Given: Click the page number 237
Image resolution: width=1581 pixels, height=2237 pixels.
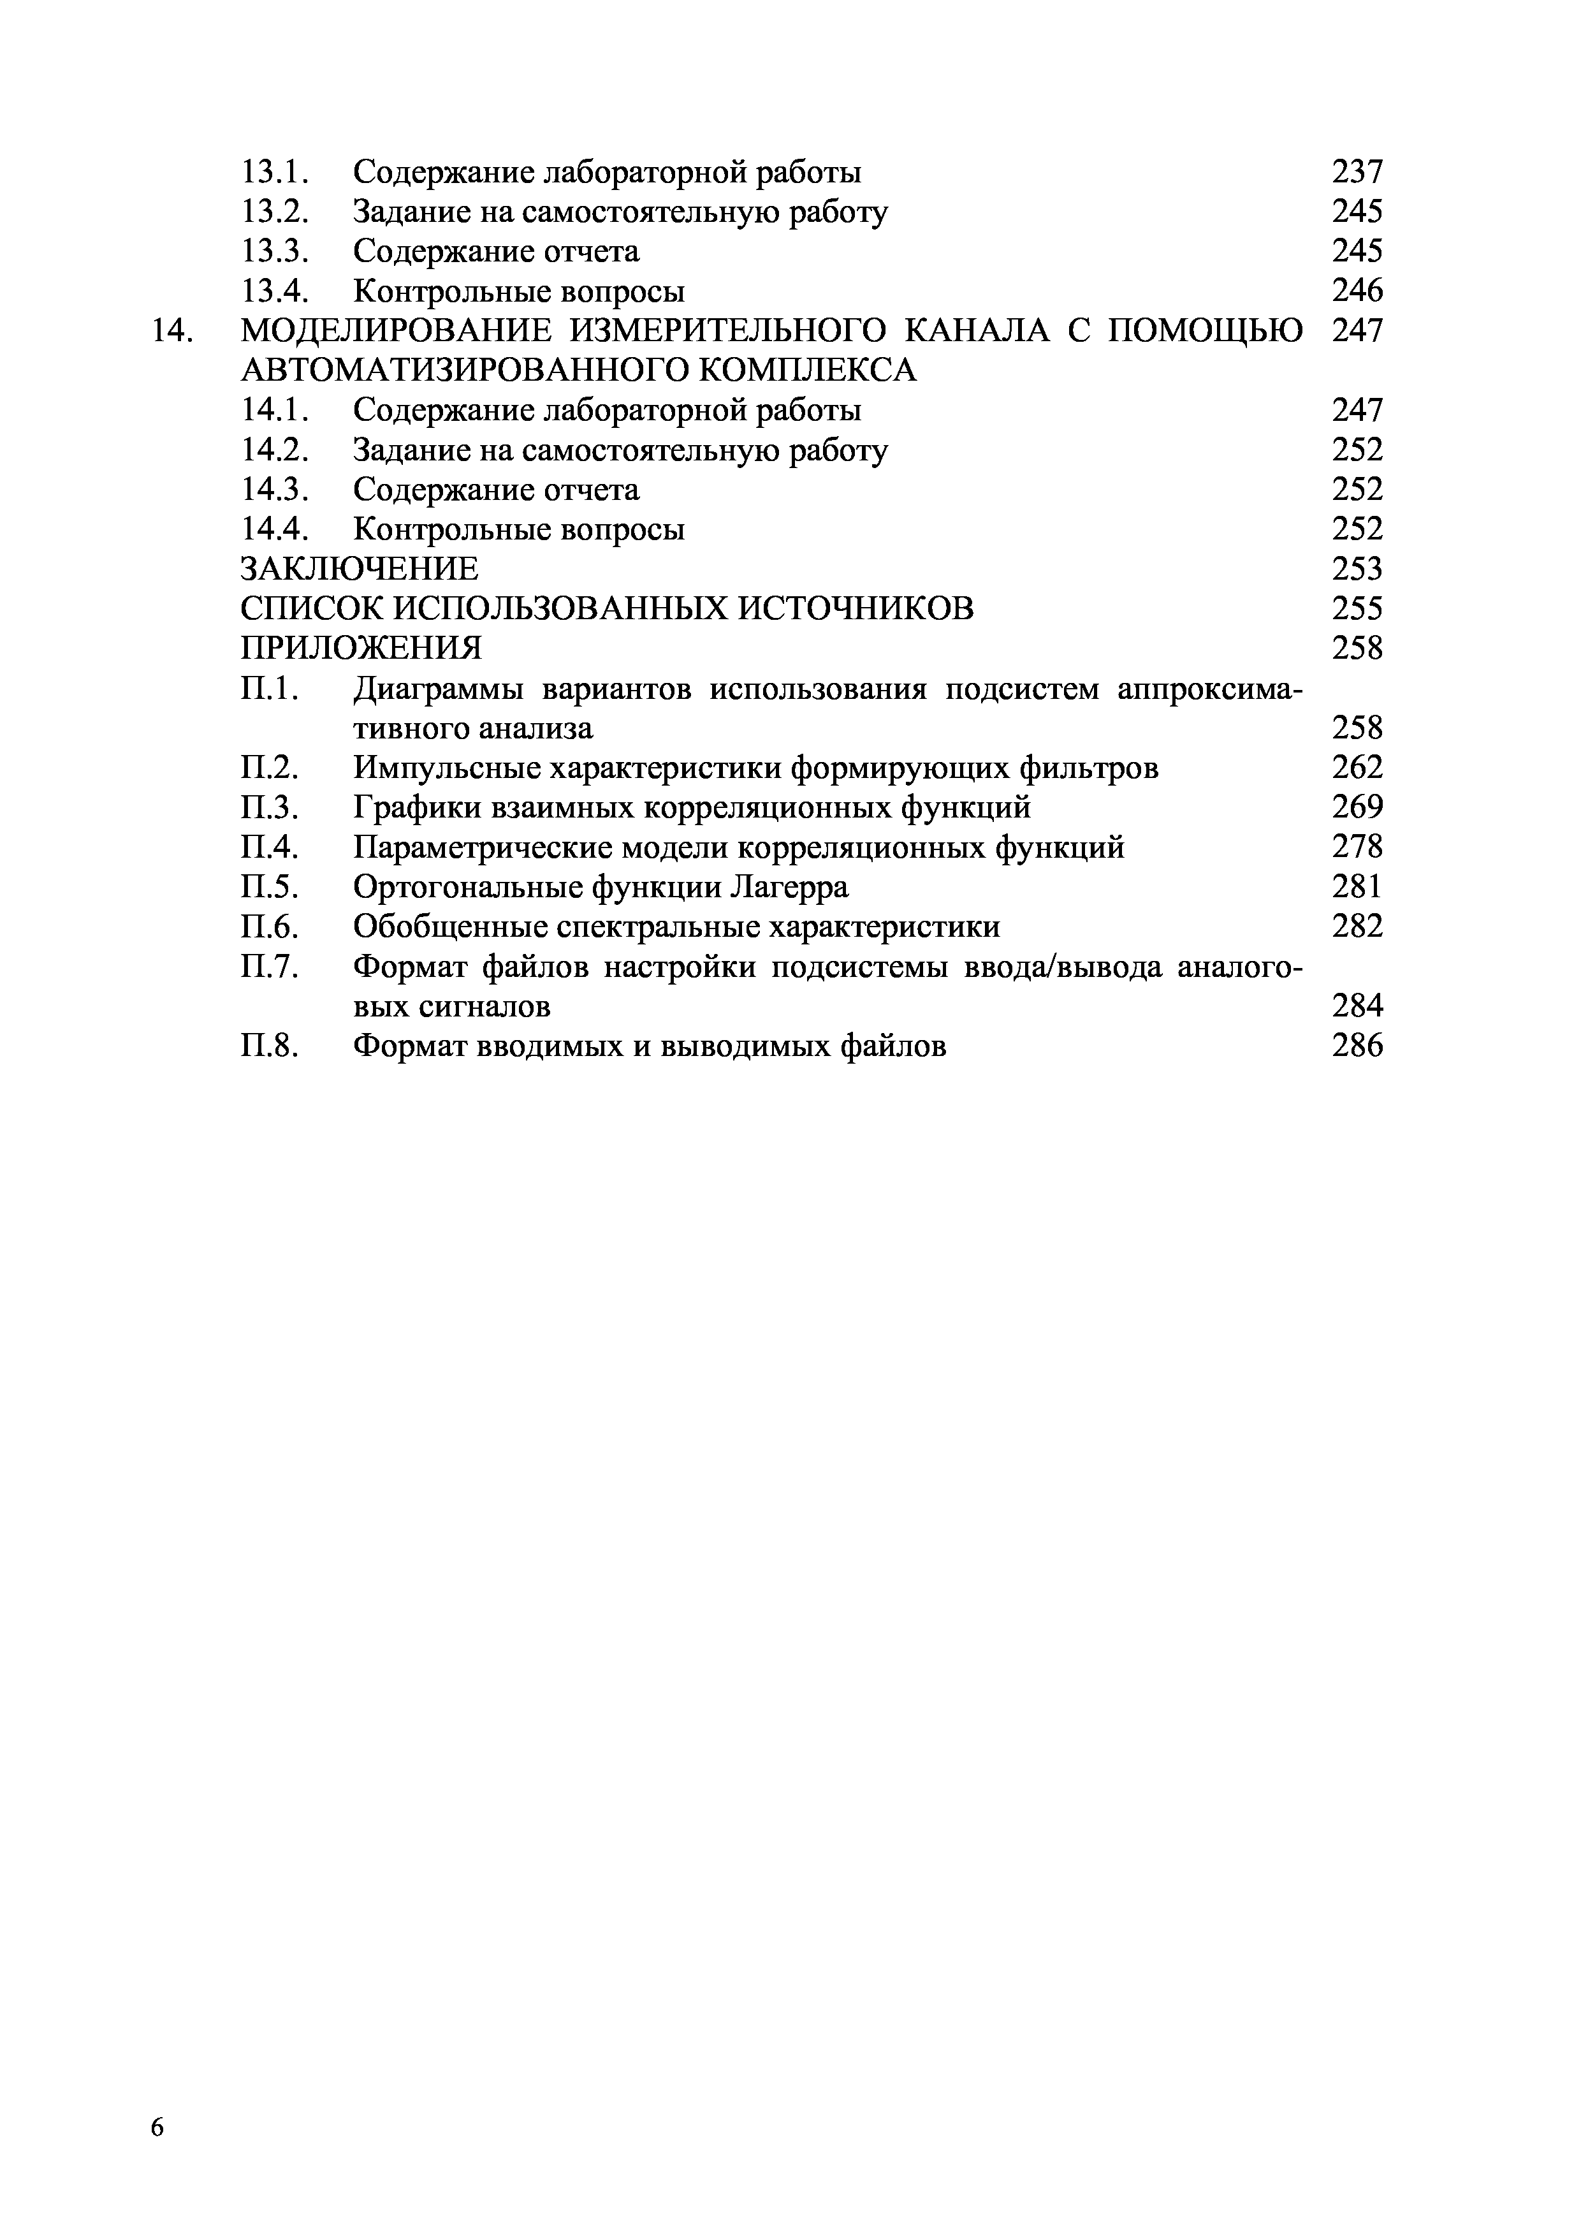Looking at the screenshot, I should [x=1357, y=172].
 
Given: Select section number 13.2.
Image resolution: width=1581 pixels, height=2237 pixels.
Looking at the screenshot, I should [x=275, y=212].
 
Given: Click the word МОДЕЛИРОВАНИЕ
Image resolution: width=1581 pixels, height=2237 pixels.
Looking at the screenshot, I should [x=397, y=331].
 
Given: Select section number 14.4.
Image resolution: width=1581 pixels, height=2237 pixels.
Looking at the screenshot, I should [x=275, y=530].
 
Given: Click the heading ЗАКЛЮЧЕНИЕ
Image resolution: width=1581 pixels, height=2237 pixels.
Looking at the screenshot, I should [x=360, y=569].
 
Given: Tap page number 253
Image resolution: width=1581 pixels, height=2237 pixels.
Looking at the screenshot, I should [x=1357, y=569].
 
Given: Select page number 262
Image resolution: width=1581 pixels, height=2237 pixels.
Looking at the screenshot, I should [x=1357, y=768].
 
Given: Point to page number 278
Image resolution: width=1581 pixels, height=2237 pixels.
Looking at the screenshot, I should [x=1357, y=847].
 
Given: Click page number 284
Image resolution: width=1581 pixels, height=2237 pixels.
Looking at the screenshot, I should [x=1357, y=1006].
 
